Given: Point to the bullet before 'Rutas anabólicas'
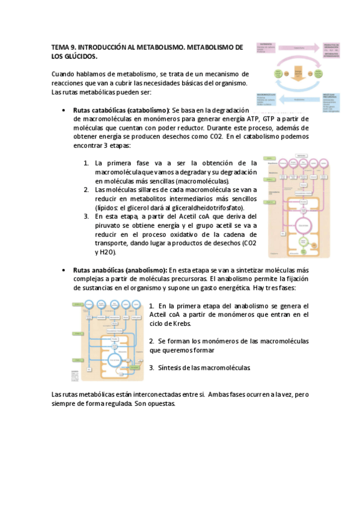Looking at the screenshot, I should (64, 270).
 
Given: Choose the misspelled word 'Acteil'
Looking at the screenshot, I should (159, 315).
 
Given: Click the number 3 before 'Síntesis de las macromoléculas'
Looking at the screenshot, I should (152, 367).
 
